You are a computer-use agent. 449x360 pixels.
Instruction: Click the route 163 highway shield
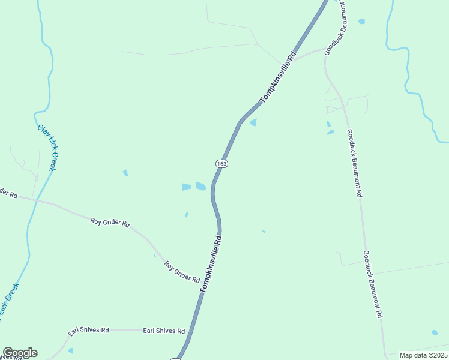(x=221, y=164)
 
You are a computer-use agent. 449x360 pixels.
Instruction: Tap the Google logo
(x=20, y=353)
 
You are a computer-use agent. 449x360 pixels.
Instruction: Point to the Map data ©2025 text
(x=424, y=355)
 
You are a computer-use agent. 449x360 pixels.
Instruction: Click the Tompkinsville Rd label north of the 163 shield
(x=278, y=77)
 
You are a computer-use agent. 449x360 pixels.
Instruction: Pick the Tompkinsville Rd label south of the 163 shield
(x=211, y=263)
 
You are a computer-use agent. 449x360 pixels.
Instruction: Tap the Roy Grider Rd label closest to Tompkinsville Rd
(x=182, y=272)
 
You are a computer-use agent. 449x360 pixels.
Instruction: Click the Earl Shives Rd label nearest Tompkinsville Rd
(x=164, y=331)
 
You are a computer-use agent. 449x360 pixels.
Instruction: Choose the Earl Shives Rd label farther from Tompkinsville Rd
(x=88, y=331)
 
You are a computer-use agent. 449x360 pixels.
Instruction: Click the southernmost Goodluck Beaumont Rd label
(x=373, y=284)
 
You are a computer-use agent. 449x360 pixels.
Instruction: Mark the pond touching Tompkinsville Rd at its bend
(x=253, y=122)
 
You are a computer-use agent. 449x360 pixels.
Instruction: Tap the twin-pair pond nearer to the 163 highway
(x=200, y=186)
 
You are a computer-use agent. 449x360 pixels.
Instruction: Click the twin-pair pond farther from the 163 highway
(x=187, y=187)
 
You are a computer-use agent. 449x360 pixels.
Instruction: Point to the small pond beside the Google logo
(x=70, y=350)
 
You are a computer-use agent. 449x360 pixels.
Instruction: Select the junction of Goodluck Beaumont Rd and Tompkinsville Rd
(x=292, y=61)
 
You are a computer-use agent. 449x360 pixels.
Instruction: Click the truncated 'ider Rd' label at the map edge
(x=8, y=194)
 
